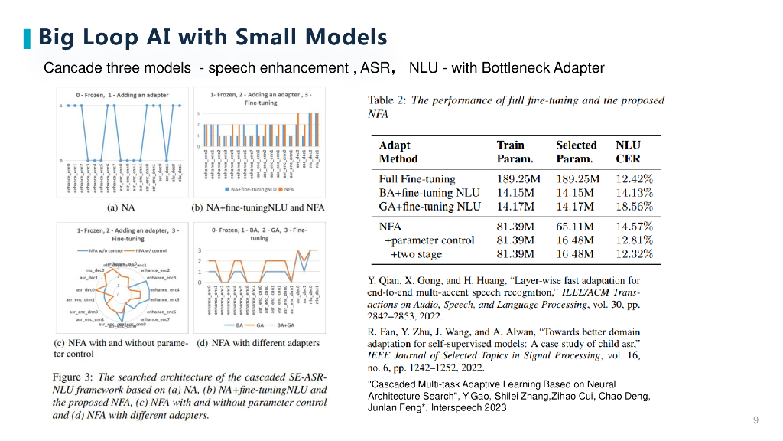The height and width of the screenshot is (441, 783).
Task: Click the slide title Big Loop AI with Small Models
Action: pos(213,37)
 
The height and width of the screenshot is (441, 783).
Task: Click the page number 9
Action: pos(755,420)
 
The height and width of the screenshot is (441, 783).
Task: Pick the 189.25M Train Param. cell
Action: pos(518,179)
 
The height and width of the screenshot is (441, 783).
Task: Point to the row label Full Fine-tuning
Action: pos(417,179)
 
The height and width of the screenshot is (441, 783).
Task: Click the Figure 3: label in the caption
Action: pos(73,377)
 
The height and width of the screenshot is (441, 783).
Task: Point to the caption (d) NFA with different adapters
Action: pos(258,343)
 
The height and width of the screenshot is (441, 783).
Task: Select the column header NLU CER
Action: pos(629,152)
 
